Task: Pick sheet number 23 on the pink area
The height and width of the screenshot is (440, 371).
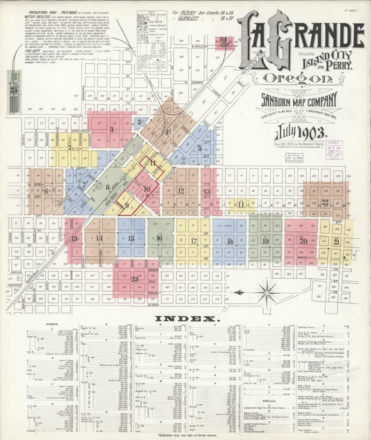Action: pyautogui.click(x=134, y=279)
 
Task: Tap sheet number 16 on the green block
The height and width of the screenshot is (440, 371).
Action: pyautogui.click(x=159, y=238)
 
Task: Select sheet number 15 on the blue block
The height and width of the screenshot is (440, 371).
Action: pyautogui.click(x=131, y=238)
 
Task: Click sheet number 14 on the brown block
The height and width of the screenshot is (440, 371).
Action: pyautogui.click(x=99, y=238)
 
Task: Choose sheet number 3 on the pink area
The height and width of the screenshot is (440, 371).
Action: pyautogui.click(x=111, y=129)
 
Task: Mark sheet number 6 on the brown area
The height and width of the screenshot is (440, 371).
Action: pyautogui.click(x=47, y=190)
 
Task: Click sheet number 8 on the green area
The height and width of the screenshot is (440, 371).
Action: pyautogui.click(x=107, y=187)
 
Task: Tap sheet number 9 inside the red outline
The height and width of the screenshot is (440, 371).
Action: pyautogui.click(x=126, y=205)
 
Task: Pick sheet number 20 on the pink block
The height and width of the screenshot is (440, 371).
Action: pyautogui.click(x=303, y=240)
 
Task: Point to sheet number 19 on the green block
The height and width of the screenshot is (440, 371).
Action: pyautogui.click(x=265, y=240)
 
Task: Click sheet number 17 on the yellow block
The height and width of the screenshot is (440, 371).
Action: pyautogui.click(x=194, y=241)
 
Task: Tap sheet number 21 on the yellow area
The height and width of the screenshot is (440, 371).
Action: pyautogui.click(x=336, y=241)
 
